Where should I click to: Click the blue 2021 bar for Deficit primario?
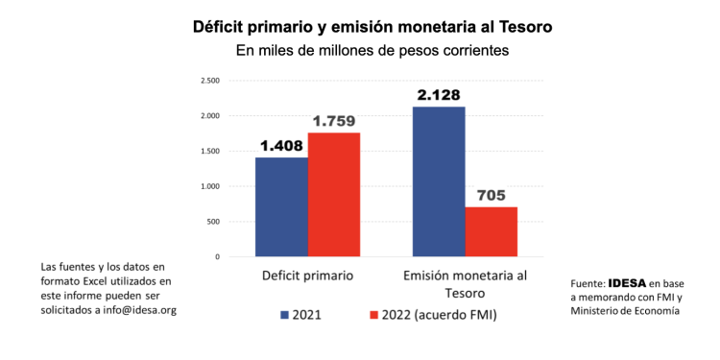(281, 206)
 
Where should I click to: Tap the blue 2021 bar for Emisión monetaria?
(439, 181)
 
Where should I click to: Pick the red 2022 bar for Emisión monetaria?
(491, 231)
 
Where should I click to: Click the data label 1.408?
(281, 146)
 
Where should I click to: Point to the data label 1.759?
(333, 121)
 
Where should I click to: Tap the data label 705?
(491, 196)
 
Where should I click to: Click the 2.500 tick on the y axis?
(210, 81)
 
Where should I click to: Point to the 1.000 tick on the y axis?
(210, 186)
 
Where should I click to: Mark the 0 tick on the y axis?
(218, 257)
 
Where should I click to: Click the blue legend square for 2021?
(284, 314)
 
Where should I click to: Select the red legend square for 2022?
(374, 314)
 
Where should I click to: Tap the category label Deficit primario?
(307, 276)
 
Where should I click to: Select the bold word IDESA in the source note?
(627, 284)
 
